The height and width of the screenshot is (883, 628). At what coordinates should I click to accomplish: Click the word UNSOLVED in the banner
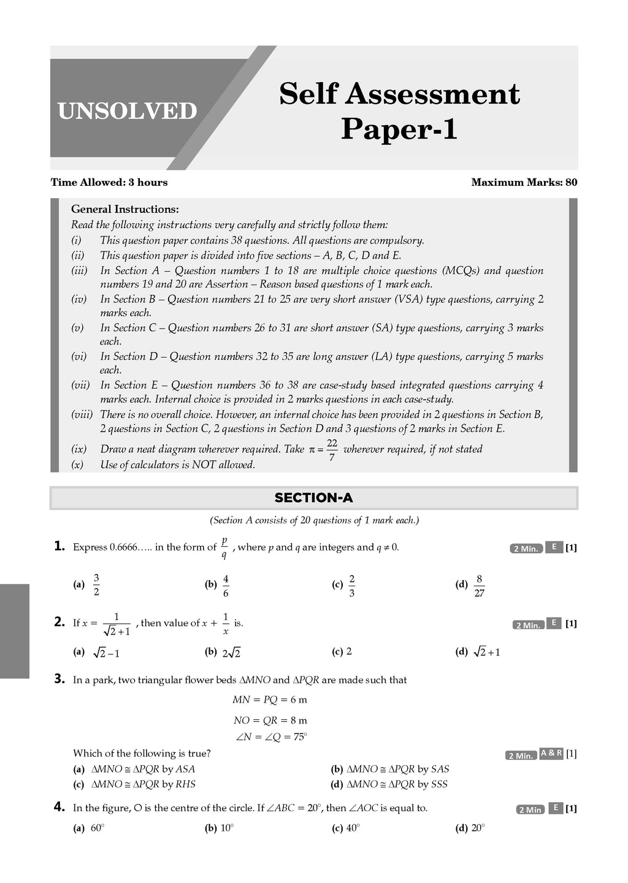[x=127, y=112]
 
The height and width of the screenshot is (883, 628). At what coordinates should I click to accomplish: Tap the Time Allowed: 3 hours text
[x=109, y=182]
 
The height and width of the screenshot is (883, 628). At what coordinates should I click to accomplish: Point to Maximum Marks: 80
[x=524, y=182]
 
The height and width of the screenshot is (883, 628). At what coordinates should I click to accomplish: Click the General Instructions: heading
[x=125, y=209]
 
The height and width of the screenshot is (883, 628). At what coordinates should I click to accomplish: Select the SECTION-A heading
[x=313, y=498]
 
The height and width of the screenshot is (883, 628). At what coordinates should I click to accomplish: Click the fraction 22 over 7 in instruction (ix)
[x=332, y=449]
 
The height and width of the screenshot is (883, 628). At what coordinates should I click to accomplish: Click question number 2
[x=59, y=622]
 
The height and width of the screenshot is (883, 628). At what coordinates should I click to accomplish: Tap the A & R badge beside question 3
[x=551, y=754]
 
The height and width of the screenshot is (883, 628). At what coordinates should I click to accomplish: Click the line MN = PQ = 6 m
[x=270, y=700]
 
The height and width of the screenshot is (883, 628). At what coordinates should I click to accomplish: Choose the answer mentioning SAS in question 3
[x=390, y=769]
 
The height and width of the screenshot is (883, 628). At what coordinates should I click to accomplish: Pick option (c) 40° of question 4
[x=346, y=828]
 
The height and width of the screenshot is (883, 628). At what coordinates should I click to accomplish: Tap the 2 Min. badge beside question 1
[x=526, y=549]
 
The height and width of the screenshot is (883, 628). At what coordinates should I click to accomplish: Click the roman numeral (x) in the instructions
[x=77, y=465]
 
